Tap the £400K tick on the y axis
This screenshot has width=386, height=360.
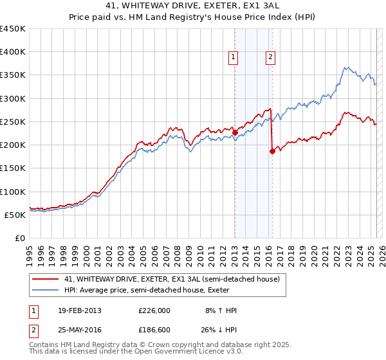click(x=13, y=52)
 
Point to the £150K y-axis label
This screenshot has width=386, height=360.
click(x=13, y=168)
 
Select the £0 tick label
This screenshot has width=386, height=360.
click(x=20, y=238)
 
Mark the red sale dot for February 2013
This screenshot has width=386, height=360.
click(x=235, y=133)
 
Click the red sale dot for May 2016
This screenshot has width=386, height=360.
click(x=272, y=152)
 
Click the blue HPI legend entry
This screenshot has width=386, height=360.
click(x=161, y=290)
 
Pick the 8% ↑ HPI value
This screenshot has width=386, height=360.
click(x=221, y=310)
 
